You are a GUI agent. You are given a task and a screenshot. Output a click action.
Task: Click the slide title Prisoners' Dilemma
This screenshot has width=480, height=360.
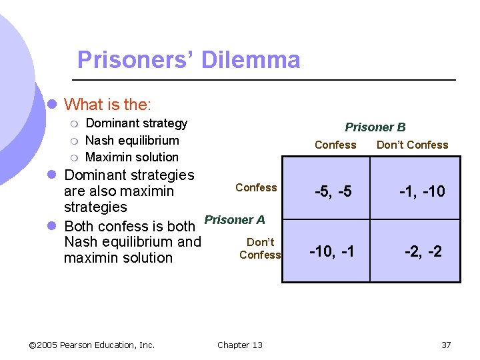(x=189, y=60)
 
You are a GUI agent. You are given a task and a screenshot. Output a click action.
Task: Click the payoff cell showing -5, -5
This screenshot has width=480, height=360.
(x=333, y=192)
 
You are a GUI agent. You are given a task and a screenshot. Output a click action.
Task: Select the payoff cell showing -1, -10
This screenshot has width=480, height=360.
(x=422, y=192)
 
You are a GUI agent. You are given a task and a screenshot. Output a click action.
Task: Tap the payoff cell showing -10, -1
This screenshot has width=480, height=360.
(x=332, y=251)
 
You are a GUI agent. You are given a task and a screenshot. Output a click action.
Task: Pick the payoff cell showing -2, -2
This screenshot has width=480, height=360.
(x=423, y=251)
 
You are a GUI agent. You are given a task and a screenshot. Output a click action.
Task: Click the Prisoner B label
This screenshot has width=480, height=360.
(x=375, y=127)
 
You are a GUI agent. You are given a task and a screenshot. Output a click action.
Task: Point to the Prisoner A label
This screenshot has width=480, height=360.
(x=235, y=220)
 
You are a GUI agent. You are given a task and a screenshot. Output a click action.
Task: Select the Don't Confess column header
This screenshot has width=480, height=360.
(x=412, y=145)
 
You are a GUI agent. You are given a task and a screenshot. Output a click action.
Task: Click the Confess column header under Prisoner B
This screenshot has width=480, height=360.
(x=335, y=145)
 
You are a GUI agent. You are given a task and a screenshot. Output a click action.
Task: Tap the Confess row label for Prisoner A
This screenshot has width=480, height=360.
(x=256, y=187)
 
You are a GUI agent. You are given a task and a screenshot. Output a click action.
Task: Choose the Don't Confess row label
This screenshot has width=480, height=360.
(x=260, y=248)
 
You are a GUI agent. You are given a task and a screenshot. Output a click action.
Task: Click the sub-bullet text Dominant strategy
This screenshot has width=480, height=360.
(x=137, y=123)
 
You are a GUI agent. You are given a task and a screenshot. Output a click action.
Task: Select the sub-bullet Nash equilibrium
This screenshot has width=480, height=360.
(x=132, y=140)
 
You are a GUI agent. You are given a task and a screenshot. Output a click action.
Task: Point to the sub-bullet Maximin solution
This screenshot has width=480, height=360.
(x=132, y=157)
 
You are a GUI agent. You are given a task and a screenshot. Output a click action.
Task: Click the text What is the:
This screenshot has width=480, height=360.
(x=107, y=105)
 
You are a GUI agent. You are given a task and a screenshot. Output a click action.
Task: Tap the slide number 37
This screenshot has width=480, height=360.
(x=446, y=345)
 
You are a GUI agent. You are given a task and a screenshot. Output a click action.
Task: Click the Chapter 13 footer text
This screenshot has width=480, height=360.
(x=240, y=345)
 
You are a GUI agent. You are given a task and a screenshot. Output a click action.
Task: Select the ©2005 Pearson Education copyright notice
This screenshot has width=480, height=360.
(x=92, y=345)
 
